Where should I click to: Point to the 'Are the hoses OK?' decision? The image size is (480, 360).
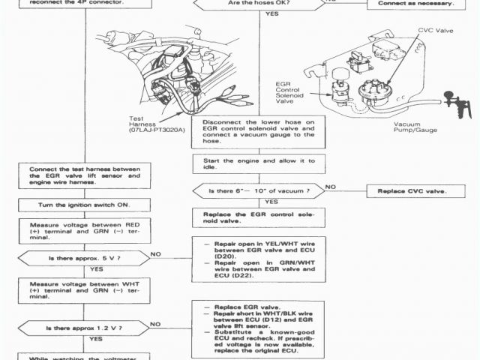(x=260, y=4)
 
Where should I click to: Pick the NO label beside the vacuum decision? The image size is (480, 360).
(x=331, y=187)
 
